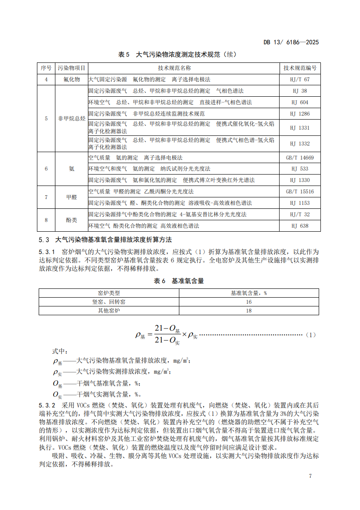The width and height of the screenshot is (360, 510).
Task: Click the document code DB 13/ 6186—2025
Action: pyautogui.click(x=291, y=42)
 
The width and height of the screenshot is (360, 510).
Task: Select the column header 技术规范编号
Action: pyautogui.click(x=300, y=68)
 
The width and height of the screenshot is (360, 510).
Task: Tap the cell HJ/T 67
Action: pyautogui.click(x=300, y=80)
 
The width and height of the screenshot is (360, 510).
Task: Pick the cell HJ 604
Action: pyautogui.click(x=300, y=102)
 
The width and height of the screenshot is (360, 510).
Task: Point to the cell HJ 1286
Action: pyautogui.click(x=300, y=114)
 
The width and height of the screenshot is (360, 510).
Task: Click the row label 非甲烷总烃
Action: pyautogui.click(x=72, y=119)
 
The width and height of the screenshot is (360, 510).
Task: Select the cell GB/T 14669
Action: pyautogui.click(x=300, y=158)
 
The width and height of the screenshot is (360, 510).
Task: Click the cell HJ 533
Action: pyautogui.click(x=300, y=169)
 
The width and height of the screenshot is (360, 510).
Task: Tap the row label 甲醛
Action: pyautogui.click(x=72, y=197)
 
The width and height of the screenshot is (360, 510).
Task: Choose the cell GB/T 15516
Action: pyautogui.click(x=300, y=192)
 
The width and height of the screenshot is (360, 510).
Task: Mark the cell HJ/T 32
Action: pyautogui.click(x=300, y=215)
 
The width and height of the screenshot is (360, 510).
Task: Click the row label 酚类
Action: pyautogui.click(x=72, y=220)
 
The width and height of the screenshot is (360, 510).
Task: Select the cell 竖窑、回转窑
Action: pyautogui.click(x=109, y=302)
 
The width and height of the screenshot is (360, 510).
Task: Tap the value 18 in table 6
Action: pyautogui.click(x=249, y=310)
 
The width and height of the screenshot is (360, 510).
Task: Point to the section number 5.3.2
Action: pyautogui.click(x=47, y=405)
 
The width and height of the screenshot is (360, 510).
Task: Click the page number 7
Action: pyautogui.click(x=310, y=476)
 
